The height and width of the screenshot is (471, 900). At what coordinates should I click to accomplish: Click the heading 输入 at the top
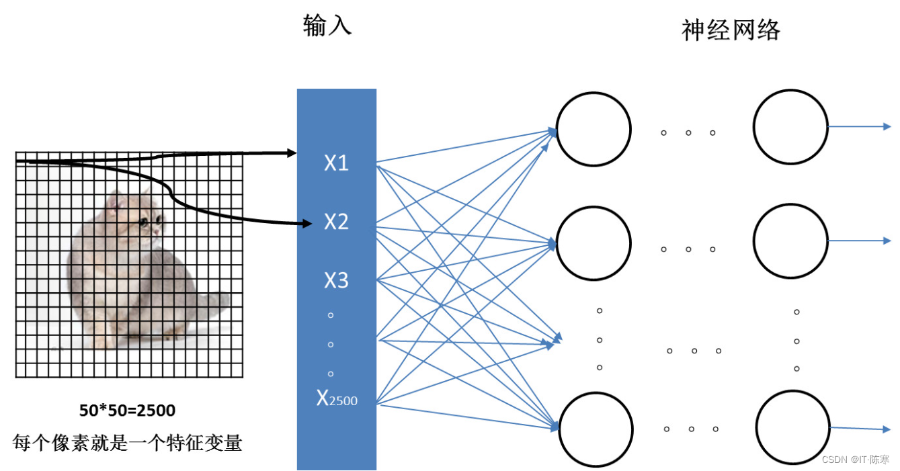327,27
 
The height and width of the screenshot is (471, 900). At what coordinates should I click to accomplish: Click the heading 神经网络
731,30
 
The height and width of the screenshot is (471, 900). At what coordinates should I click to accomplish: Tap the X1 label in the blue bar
336,163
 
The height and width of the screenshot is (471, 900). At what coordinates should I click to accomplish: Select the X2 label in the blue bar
336,221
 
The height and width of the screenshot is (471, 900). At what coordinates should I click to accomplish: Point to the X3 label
336,280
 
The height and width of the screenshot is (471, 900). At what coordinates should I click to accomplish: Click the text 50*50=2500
128,410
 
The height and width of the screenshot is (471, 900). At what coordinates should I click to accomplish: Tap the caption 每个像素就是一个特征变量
128,443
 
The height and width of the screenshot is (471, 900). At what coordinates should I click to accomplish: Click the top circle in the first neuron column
594,129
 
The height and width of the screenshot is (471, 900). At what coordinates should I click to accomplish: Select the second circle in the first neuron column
594,243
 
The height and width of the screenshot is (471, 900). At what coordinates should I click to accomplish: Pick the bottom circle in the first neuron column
596,428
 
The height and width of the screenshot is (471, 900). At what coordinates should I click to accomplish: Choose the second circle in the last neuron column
790,241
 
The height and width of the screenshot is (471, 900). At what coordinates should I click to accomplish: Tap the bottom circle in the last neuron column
792,427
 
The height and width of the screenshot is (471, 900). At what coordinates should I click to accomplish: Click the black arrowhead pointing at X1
292,153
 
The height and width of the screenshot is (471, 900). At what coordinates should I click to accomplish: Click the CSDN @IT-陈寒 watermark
855,460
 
